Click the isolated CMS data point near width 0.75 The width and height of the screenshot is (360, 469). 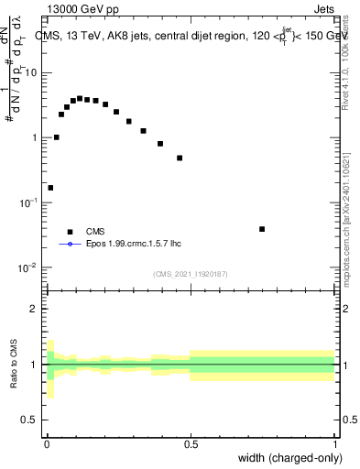pos(262,229)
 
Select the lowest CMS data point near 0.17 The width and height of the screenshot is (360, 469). pos(50,188)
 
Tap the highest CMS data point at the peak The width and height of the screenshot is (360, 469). pos(80,98)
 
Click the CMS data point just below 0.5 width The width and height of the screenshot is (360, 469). pos(180,158)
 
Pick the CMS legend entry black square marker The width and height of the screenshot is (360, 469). pos(70,232)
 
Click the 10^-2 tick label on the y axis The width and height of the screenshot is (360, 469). pos(29,267)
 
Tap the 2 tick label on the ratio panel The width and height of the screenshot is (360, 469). pos(34,309)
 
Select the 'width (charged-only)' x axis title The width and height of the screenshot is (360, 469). pos(289,458)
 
